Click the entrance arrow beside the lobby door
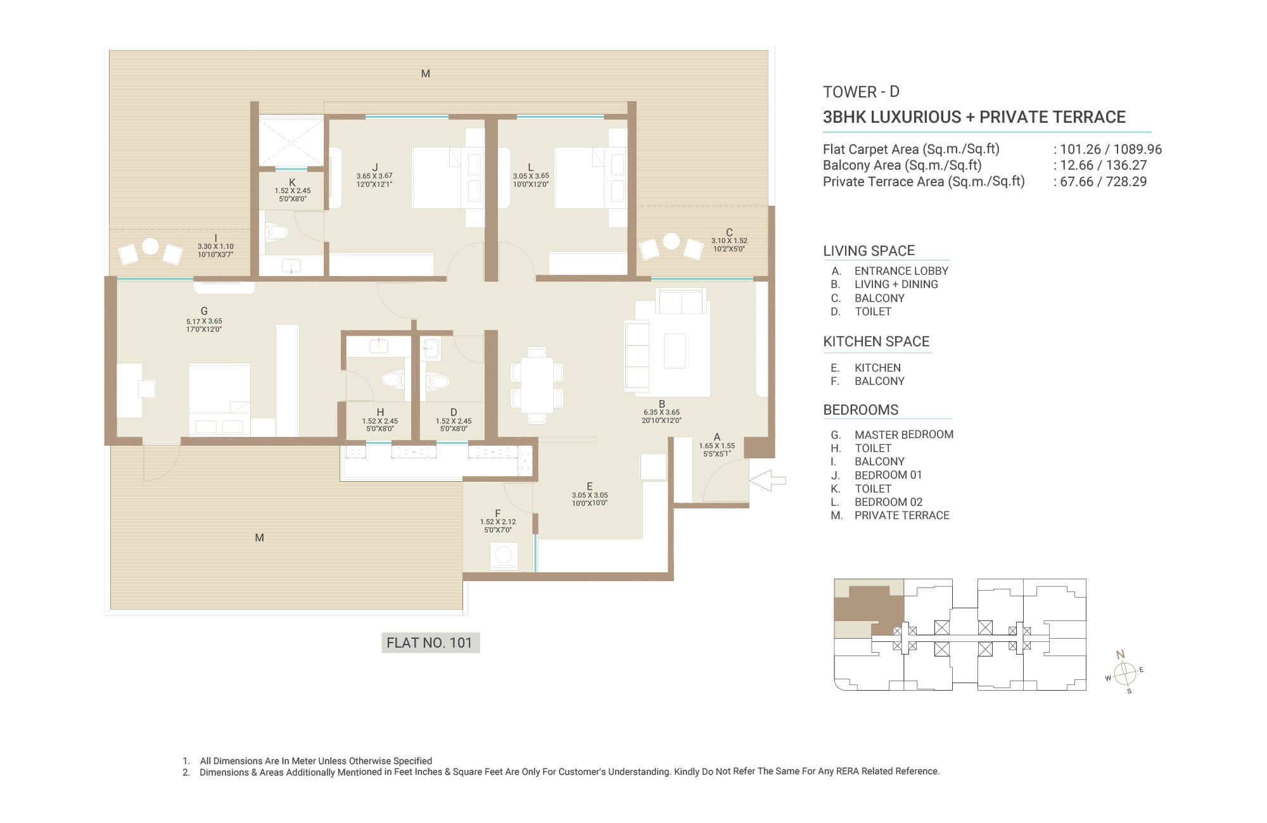coord(767,481)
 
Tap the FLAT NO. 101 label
coord(430,643)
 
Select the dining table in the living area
coord(537,385)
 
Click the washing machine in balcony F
coord(504,555)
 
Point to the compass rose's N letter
coord(1120,655)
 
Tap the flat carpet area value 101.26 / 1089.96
coord(1111,149)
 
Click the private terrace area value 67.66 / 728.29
coord(1103,182)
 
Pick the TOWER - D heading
coord(861,92)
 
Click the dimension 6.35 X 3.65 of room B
coord(661,412)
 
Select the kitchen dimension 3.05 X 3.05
coord(590,496)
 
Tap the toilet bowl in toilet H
coord(394,379)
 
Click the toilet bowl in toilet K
coord(276,232)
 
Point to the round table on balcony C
coord(672,241)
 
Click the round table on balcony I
coord(150,246)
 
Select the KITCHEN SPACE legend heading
coord(876,342)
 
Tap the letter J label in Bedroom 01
coord(375,168)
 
